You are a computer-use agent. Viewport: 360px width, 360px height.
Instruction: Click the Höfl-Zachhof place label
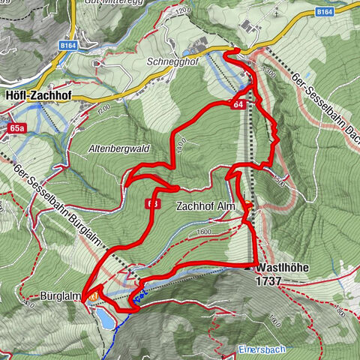click(x=37, y=96)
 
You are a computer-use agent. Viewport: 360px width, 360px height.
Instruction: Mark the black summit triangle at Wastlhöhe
click(x=248, y=267)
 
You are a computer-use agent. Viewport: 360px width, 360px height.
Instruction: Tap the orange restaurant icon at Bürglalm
click(x=92, y=297)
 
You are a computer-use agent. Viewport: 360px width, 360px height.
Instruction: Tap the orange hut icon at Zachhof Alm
click(x=247, y=220)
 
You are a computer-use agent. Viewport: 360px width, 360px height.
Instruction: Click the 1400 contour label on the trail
click(x=177, y=148)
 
